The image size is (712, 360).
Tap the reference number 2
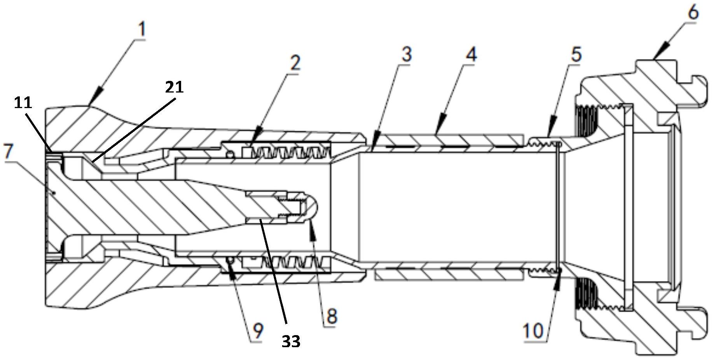295,62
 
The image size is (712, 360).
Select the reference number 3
406,55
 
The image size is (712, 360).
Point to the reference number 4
471,55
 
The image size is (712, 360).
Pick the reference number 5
576,54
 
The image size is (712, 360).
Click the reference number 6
693,13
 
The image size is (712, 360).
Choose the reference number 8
331,316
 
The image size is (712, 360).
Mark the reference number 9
258,331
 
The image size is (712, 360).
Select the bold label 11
23,103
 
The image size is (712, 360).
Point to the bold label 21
174,87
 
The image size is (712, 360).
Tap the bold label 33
291,341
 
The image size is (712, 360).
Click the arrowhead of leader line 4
436,133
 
